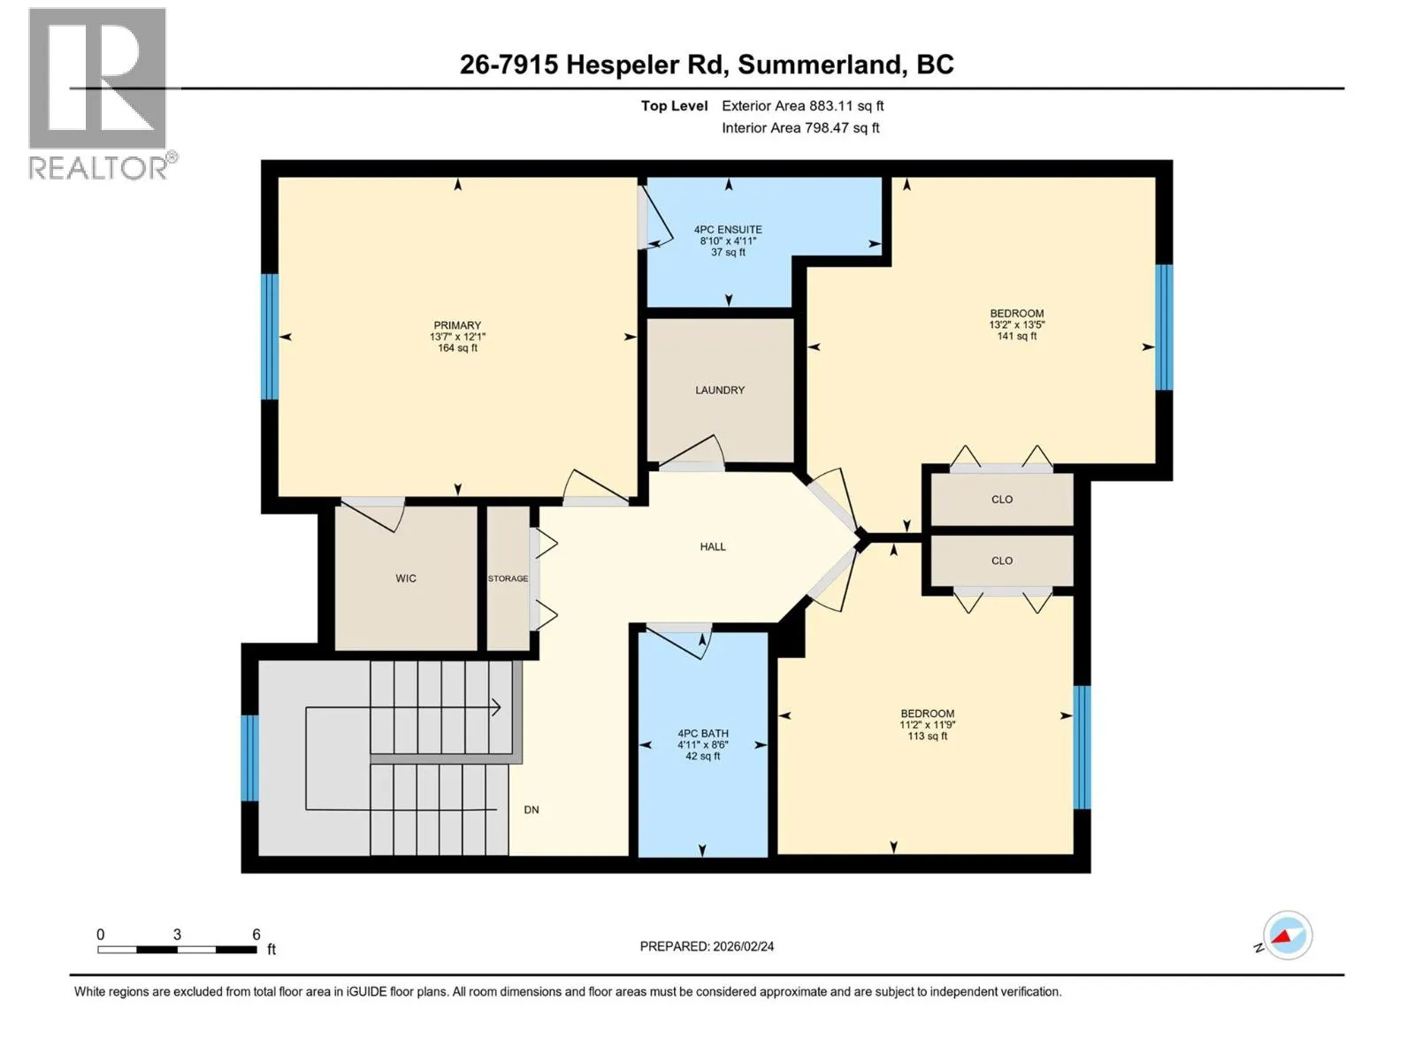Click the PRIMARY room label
[x=457, y=325]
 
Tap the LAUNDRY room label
[x=719, y=390]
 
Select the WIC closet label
[x=405, y=578]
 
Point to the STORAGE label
[x=508, y=578]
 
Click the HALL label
[x=712, y=546]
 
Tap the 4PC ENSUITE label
[x=728, y=229]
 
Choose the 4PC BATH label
[x=703, y=733]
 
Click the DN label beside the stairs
[x=532, y=810]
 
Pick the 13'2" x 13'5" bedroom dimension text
[x=1017, y=324]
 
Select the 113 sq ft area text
[x=927, y=736]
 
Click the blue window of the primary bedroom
[x=270, y=336]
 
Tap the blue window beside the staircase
[x=249, y=758]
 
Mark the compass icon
[x=1287, y=935]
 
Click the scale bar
[x=177, y=949]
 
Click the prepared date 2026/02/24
[x=743, y=946]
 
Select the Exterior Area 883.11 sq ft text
[x=803, y=105]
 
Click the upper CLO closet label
[x=1002, y=500]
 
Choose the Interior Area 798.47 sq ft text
[x=800, y=127]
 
